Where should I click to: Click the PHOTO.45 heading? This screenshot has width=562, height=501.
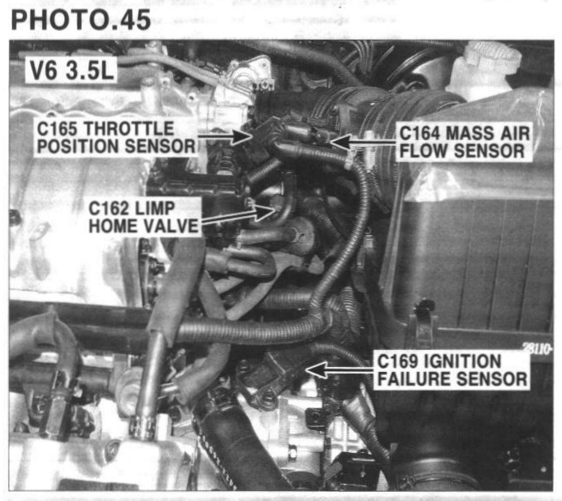(x=81, y=19)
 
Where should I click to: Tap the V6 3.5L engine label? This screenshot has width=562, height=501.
(x=72, y=70)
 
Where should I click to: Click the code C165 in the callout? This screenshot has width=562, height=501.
(x=57, y=129)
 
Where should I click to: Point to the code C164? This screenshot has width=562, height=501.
(x=419, y=133)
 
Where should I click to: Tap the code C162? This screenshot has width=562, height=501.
(x=108, y=208)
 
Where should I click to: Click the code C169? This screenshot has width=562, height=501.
(x=397, y=361)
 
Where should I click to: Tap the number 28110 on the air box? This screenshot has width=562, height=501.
(x=536, y=348)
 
